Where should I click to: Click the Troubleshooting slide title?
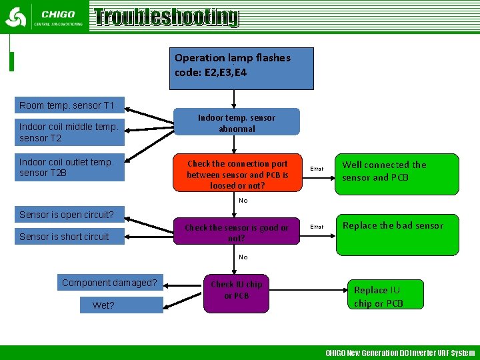166,17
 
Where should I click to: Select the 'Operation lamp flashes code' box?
241,68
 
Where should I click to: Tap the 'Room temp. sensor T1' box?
67,105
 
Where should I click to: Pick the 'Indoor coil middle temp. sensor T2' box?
69,132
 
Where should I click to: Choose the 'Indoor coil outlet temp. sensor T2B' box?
69,167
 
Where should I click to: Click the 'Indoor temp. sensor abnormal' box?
237,123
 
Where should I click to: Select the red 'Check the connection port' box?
237,174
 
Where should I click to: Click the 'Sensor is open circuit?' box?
67,215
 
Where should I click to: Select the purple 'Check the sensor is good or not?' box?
237,232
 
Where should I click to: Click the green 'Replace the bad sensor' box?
397,233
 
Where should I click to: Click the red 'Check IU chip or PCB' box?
237,292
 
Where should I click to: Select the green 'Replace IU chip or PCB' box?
379,296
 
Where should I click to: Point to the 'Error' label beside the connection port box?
317,169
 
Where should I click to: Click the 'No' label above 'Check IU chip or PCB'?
243,257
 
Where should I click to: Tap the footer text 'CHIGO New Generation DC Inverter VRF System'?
400,353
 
